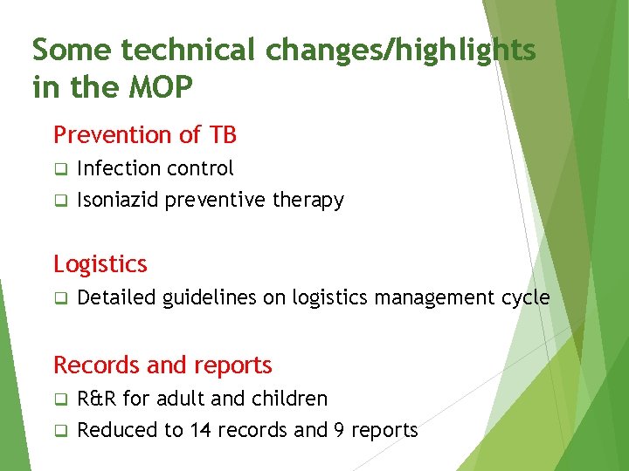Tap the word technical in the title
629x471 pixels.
click(x=189, y=51)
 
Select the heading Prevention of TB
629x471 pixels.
click(x=145, y=135)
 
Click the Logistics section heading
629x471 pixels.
click(x=100, y=263)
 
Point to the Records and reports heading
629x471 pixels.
click(x=162, y=365)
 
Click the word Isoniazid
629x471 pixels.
click(x=118, y=200)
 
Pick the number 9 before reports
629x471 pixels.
click(x=337, y=430)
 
